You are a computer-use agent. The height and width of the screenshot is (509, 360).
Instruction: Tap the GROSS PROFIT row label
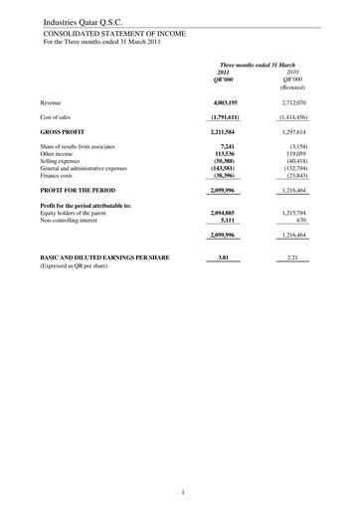[x=63, y=130]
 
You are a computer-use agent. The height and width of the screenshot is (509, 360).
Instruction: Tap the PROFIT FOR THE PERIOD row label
[x=82, y=189]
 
